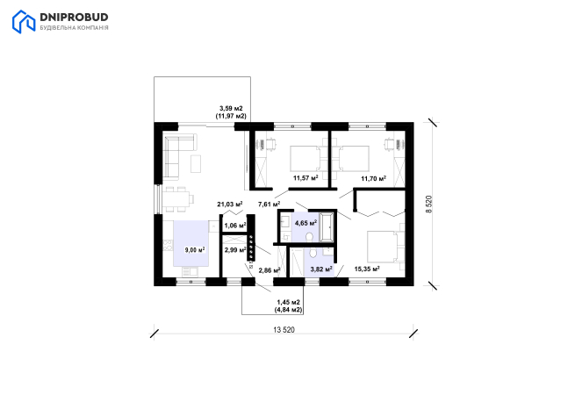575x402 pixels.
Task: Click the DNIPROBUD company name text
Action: [74, 18]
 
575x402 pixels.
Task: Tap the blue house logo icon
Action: [24, 22]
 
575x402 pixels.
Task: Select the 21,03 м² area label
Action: [230, 204]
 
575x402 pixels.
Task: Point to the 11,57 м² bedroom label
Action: [305, 178]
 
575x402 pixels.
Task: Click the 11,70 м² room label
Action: [374, 179]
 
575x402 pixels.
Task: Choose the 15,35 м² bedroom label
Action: [367, 269]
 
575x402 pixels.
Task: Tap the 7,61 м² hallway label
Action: [270, 204]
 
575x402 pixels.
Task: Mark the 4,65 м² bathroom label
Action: [305, 223]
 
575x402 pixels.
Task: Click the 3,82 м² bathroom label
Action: [321, 269]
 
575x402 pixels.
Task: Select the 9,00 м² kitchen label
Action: [195, 250]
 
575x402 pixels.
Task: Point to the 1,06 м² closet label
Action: [235, 226]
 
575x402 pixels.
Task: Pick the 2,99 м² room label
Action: [235, 250]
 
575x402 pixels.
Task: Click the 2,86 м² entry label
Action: [270, 270]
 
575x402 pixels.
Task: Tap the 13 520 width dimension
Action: [284, 330]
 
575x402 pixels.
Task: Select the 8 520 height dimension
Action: [429, 204]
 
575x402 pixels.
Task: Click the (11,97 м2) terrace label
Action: [231, 116]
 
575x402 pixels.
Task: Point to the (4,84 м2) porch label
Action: [289, 310]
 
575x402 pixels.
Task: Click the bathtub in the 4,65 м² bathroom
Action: [327, 227]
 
